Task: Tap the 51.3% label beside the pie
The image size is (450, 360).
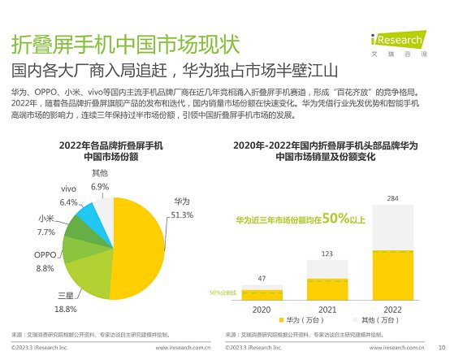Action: point(182,215)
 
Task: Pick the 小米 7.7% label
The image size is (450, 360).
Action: point(46,225)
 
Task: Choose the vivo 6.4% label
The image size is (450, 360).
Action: point(69,196)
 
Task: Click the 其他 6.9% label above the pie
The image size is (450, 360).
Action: point(100,180)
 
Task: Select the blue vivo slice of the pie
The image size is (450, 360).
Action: point(86,215)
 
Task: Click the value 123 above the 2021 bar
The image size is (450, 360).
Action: point(327,254)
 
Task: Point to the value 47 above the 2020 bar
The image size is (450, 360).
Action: point(262,278)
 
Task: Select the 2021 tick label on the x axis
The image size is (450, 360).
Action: point(327,310)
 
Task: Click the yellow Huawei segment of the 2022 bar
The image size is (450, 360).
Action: point(392,275)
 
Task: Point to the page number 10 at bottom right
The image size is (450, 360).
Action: point(441,347)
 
